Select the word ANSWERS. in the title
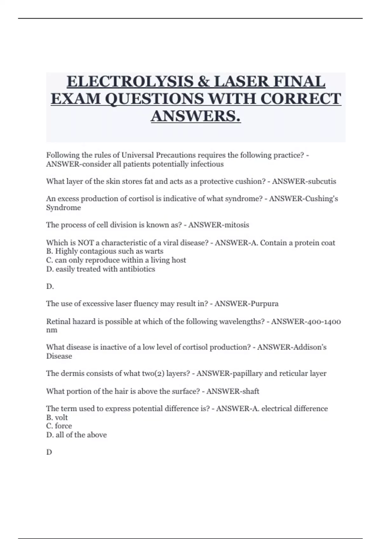coord(196,116)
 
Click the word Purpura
coord(264,304)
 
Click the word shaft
coord(251,391)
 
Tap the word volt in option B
coord(61,418)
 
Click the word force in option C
coord(63,426)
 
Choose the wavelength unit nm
coord(52,330)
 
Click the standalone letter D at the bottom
coord(49,452)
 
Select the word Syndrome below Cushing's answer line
coord(63,208)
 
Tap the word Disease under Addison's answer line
coord(59,356)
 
